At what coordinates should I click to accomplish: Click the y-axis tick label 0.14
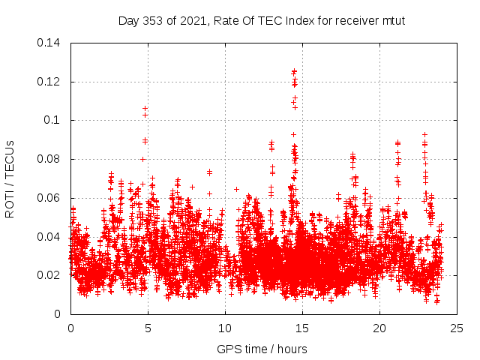point(50,43)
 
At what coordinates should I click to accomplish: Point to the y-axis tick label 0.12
point(50,82)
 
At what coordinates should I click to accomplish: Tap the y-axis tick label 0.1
point(53,120)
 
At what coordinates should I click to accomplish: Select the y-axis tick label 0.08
point(50,159)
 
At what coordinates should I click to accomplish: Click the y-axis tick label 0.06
point(50,198)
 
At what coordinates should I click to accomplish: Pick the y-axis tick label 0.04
point(50,237)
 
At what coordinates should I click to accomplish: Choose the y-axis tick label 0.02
point(50,275)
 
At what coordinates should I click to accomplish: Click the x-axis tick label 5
point(148,328)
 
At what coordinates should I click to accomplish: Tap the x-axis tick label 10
point(225,328)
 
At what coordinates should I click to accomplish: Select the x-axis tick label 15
point(302,328)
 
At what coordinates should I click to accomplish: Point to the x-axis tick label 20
point(379,328)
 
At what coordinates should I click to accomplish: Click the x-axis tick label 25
point(457,328)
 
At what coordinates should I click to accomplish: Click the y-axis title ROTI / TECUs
point(10,178)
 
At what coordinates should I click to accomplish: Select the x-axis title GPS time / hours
point(262,349)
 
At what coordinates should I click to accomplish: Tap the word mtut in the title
point(393,20)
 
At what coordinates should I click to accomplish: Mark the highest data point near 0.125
point(294,71)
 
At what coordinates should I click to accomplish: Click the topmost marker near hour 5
point(145,109)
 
